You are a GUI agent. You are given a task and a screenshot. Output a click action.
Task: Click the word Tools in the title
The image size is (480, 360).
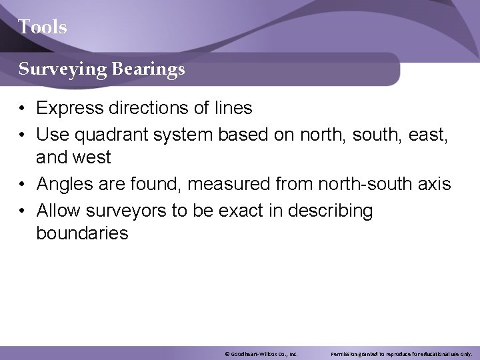42,27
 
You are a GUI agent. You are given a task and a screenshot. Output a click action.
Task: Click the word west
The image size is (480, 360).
93,157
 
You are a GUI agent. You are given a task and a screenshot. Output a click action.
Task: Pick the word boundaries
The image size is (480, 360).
82,233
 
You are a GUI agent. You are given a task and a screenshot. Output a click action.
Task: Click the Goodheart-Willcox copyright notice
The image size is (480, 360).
261,353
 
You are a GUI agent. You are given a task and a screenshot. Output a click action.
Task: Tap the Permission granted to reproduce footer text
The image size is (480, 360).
401,353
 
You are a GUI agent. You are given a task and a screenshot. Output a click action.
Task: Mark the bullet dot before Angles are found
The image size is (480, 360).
23,184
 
